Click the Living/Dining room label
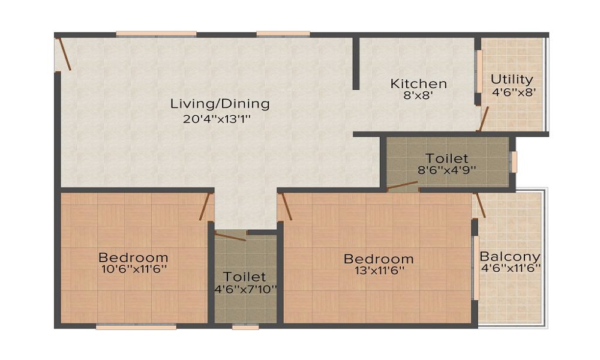(x=220, y=103)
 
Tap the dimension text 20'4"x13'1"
(x=217, y=119)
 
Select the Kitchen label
(x=418, y=83)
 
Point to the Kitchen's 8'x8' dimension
(x=418, y=94)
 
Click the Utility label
(x=512, y=79)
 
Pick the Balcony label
(x=509, y=256)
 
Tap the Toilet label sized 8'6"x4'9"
(x=447, y=158)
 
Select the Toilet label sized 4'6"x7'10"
(x=244, y=277)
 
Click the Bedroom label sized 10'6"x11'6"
(x=133, y=258)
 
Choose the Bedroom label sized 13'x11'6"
(x=378, y=259)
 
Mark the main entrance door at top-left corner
(x=64, y=54)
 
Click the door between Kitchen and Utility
(x=483, y=119)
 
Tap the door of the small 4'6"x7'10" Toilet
(x=230, y=236)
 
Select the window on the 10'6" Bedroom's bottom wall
(x=136, y=327)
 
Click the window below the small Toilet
(x=245, y=327)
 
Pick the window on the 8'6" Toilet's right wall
(x=513, y=161)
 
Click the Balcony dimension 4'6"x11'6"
(x=510, y=268)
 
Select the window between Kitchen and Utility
(x=479, y=71)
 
